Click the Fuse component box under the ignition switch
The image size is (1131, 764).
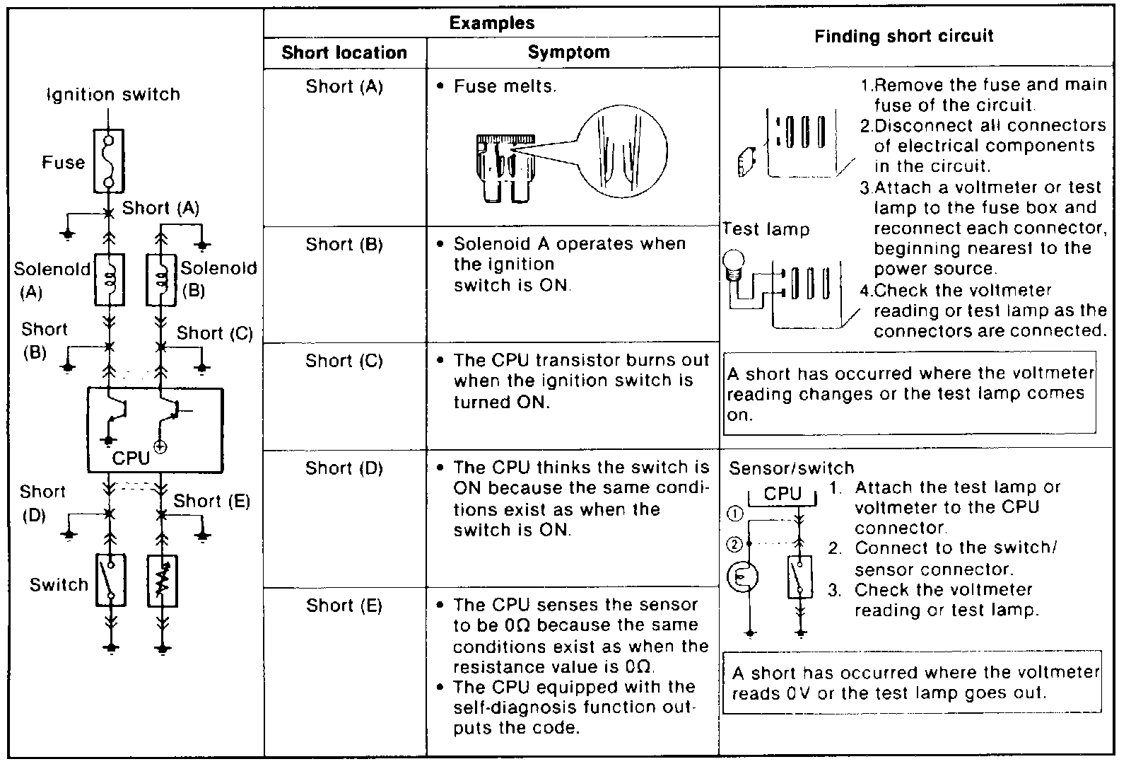[x=109, y=161]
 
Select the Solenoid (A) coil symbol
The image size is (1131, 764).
[x=109, y=279]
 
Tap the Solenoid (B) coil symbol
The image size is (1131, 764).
[x=161, y=279]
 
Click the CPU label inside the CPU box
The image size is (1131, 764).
[x=131, y=458]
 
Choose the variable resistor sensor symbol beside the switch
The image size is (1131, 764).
[x=162, y=581]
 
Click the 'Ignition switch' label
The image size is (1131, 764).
[x=113, y=94]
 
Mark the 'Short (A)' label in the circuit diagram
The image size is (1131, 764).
[x=160, y=208]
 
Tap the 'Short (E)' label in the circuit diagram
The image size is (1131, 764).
[x=211, y=501]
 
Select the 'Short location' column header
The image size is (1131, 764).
[x=344, y=52]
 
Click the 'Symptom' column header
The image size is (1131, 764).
[x=568, y=52]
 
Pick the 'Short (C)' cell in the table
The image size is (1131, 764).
[x=344, y=361]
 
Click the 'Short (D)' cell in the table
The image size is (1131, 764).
[x=344, y=468]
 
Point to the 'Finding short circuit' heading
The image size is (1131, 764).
[x=904, y=36]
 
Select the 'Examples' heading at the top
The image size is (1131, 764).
[x=492, y=23]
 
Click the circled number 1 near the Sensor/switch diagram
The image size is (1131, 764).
[x=734, y=514]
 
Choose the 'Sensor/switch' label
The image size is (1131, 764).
[x=791, y=468]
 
